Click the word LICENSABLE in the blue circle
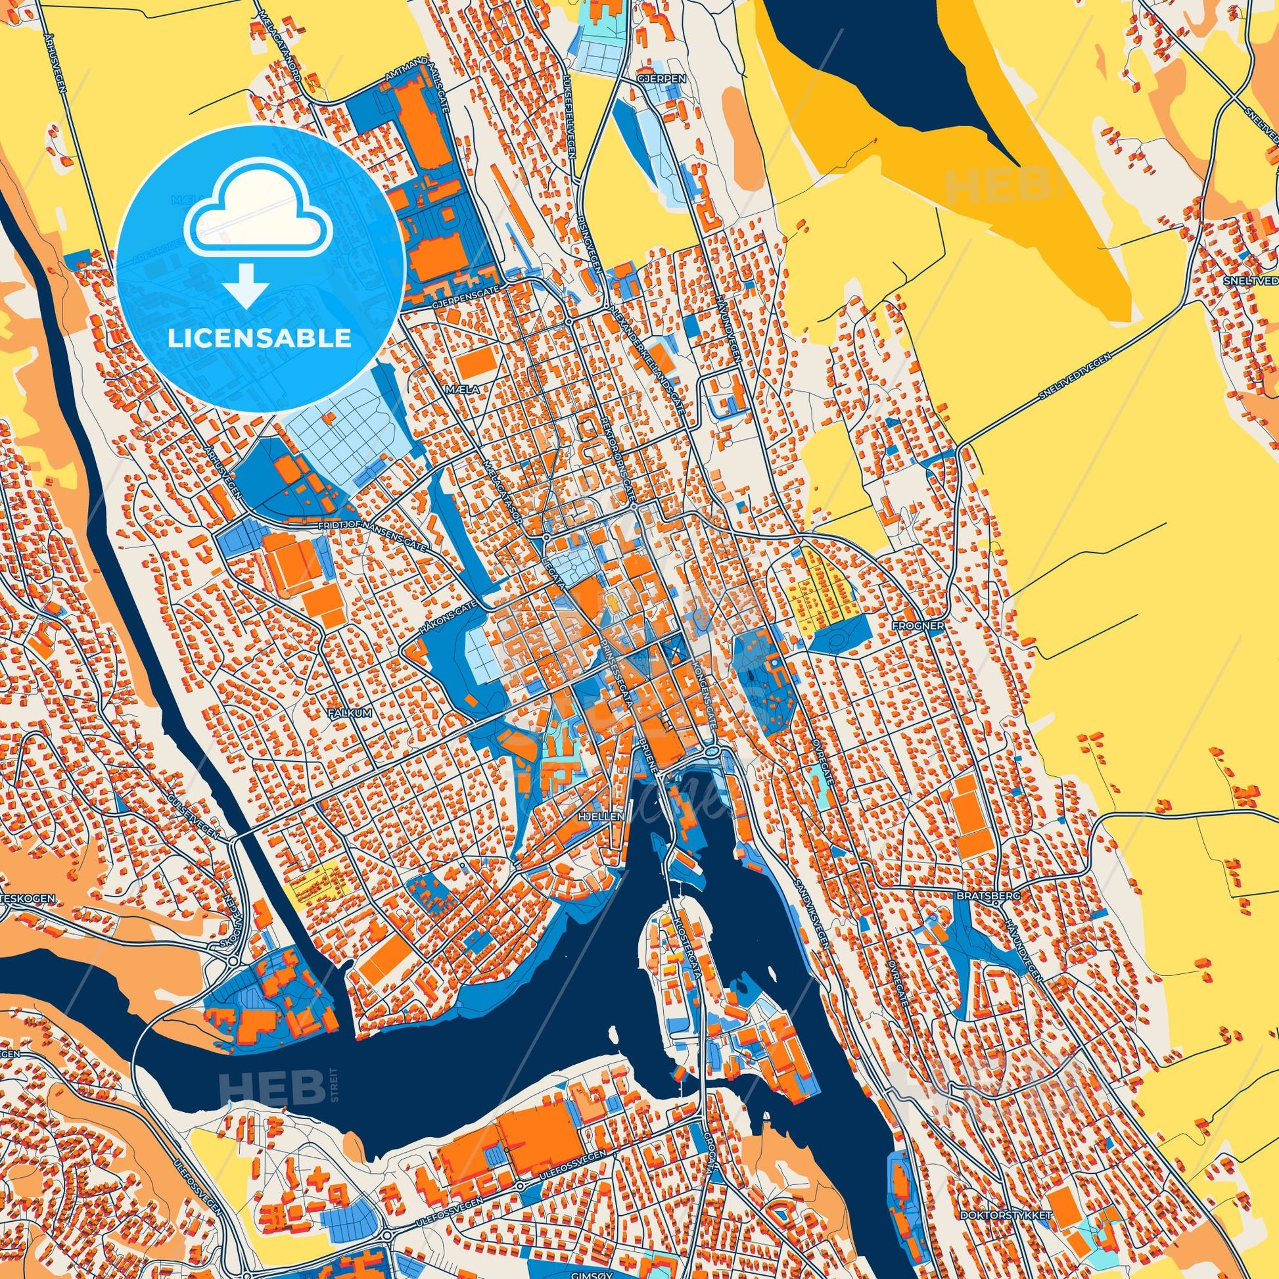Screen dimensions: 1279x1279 pos(260,338)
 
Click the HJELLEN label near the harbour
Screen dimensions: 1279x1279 pos(607,817)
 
